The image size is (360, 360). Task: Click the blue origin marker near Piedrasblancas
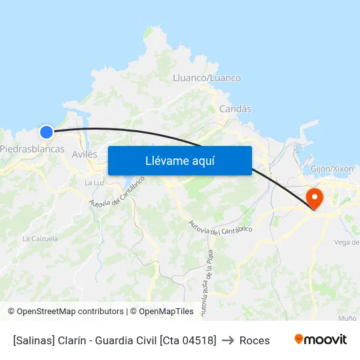click(x=46, y=132)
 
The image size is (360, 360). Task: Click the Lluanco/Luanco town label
click(x=206, y=78)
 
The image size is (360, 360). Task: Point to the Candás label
click(x=235, y=109)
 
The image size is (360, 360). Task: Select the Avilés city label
click(x=84, y=154)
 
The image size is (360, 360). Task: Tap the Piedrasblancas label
click(x=32, y=149)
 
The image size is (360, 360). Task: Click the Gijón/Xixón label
click(x=332, y=168)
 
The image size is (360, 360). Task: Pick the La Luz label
click(x=95, y=183)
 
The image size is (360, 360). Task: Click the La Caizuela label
click(x=40, y=239)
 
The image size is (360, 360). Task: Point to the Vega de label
click(x=346, y=242)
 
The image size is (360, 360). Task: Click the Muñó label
click(x=347, y=317)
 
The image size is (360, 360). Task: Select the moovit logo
click(x=321, y=340)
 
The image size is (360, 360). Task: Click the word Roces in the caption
click(x=255, y=340)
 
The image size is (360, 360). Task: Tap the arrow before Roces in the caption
click(x=228, y=340)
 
